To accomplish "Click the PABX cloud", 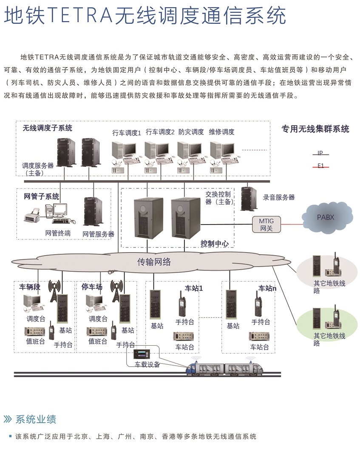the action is [x=327, y=217].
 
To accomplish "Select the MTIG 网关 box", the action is [x=266, y=225].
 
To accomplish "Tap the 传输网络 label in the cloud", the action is [x=154, y=262].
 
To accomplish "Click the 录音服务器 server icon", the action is [x=249, y=198].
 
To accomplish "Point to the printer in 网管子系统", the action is [x=32, y=216].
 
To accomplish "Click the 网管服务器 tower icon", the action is [x=93, y=212].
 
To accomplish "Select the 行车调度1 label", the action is [x=127, y=133].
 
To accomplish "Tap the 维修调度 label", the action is [x=221, y=132].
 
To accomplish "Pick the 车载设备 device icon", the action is [x=142, y=354].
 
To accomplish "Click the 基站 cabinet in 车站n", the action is [x=232, y=305].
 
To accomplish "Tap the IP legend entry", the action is [x=320, y=153].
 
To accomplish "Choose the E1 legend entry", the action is [x=320, y=166].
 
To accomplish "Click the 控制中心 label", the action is [x=215, y=244].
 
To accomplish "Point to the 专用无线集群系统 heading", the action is [x=315, y=129].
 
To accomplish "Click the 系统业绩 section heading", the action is [x=36, y=419].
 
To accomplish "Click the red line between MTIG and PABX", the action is [x=291, y=224].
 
